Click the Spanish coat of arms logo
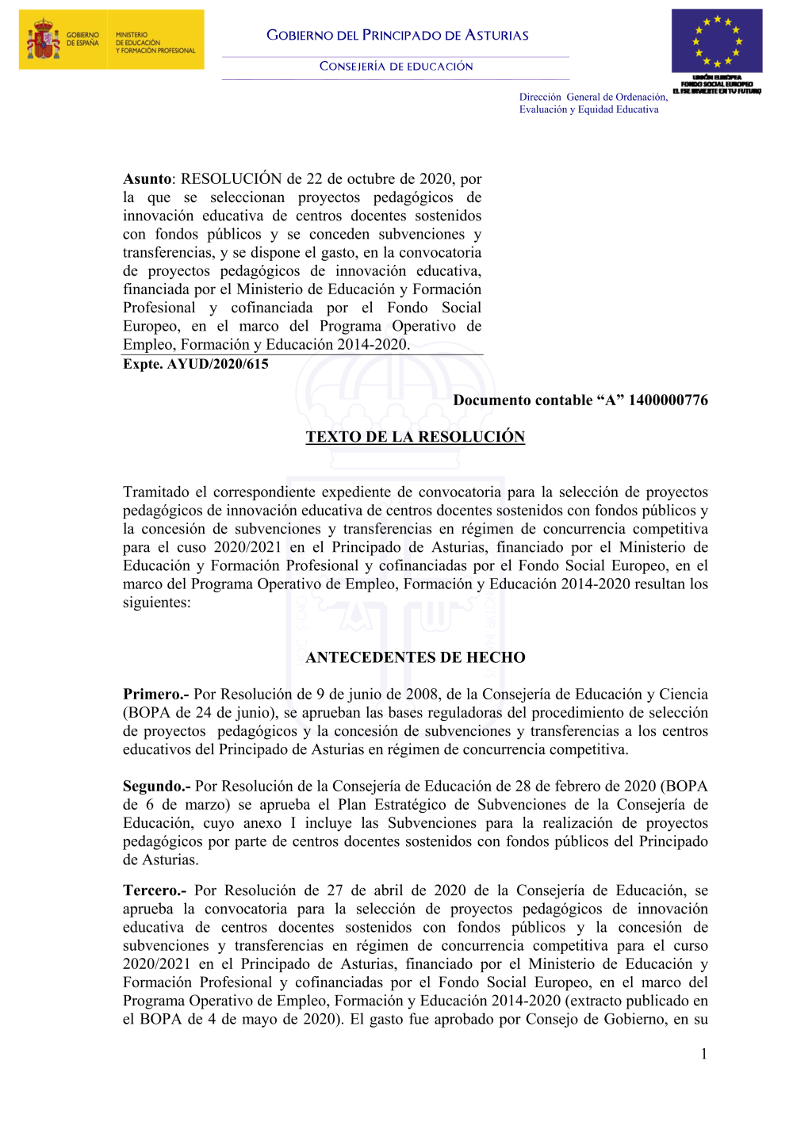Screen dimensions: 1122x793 point(44,40)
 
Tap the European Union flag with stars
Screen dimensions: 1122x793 point(717,41)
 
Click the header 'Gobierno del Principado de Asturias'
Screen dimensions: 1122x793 point(397,35)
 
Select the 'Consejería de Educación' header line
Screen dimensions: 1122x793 point(396,67)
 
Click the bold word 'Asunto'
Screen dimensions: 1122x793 point(147,179)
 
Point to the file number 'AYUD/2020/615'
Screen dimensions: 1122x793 point(217,364)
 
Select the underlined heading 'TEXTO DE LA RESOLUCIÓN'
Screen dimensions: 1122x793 point(416,437)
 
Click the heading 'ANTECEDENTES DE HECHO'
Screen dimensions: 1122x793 point(416,657)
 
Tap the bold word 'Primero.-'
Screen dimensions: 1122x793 point(156,695)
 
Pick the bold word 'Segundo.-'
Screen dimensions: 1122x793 point(157,787)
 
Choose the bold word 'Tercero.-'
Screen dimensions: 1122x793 point(155,891)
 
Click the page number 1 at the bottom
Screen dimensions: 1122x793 point(703,1054)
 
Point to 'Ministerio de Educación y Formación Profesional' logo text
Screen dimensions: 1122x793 point(155,43)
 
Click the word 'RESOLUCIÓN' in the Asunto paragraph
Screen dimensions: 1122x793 point(231,179)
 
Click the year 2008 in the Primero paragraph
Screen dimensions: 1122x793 point(422,695)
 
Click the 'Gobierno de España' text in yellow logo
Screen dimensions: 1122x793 point(82,39)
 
